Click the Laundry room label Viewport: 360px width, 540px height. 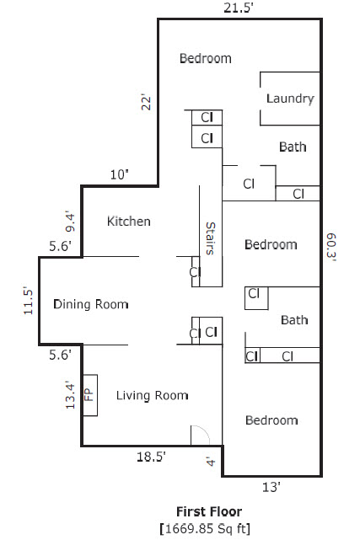(x=290, y=99)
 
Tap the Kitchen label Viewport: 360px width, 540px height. (x=128, y=221)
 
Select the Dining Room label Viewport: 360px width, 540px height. (x=91, y=304)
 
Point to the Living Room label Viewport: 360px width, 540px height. (x=152, y=395)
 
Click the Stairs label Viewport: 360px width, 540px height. (x=210, y=238)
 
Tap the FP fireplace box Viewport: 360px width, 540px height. (x=90, y=395)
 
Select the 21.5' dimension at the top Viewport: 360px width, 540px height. (x=239, y=8)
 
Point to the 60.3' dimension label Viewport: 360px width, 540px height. (x=331, y=248)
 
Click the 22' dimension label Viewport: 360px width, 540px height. (x=146, y=102)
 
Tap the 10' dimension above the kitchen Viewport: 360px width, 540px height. (x=119, y=174)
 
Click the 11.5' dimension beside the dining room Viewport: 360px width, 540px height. (x=28, y=301)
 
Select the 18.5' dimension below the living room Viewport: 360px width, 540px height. (x=151, y=457)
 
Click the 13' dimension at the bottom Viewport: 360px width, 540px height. (x=271, y=487)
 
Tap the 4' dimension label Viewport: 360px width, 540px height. (x=211, y=462)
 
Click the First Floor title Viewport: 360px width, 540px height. (x=209, y=511)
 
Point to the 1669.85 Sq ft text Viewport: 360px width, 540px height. (x=206, y=528)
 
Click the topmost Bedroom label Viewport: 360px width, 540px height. (x=206, y=58)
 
